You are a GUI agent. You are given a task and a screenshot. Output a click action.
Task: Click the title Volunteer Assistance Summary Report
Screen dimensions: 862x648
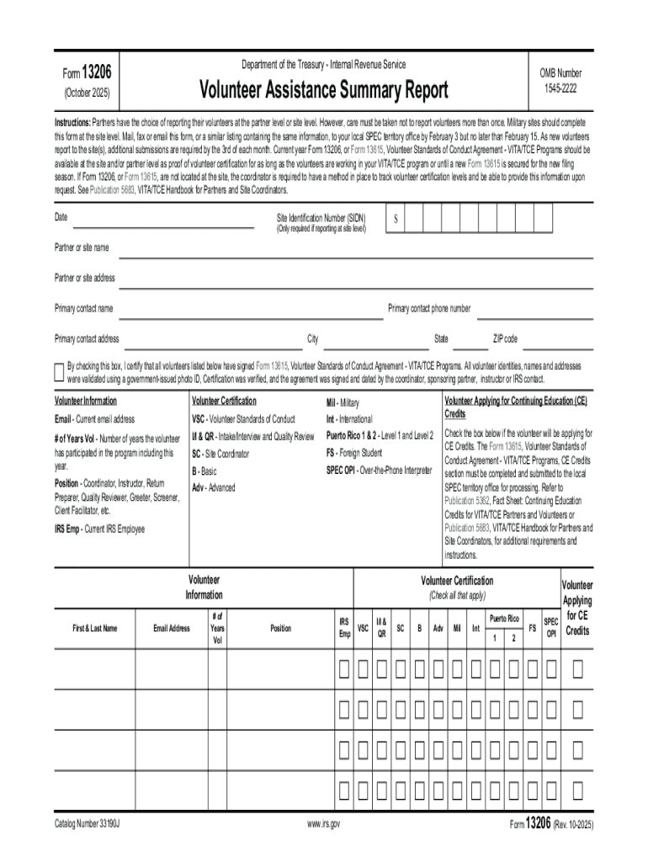click(x=323, y=89)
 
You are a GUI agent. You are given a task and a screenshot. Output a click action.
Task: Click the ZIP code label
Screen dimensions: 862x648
click(x=505, y=339)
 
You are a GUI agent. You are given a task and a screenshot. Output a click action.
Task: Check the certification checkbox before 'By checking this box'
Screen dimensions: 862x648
click(x=58, y=371)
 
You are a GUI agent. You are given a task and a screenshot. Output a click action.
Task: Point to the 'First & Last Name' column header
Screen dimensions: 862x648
click(x=93, y=628)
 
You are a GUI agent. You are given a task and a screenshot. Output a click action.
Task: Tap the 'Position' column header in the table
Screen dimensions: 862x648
click(x=280, y=628)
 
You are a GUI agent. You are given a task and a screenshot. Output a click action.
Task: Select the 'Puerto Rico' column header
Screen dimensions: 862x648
click(x=504, y=618)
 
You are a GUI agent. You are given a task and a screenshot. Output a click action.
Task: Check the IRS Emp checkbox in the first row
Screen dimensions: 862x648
click(x=344, y=670)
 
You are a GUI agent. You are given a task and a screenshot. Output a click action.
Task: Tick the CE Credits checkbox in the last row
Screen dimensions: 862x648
click(x=577, y=790)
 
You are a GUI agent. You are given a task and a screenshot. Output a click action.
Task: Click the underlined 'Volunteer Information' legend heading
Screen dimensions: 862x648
click(x=86, y=401)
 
